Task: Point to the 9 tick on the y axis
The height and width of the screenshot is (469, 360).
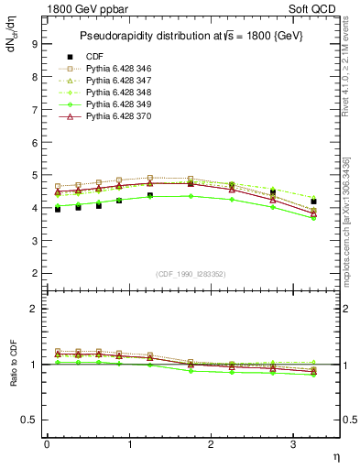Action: coord(33,43)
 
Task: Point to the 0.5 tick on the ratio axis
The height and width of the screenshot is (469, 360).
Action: coord(29,420)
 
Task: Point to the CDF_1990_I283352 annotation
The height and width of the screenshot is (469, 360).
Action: coord(192,274)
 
